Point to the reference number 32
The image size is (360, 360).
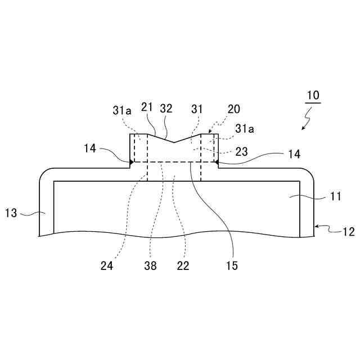166,109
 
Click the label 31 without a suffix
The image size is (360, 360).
197,109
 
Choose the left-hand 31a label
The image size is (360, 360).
123,111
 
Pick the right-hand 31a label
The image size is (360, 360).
245,129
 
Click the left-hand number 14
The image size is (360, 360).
91,148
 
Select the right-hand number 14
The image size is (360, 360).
294,153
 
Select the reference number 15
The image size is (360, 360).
232,265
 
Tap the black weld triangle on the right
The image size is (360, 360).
217,162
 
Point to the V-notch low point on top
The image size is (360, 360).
174,142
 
